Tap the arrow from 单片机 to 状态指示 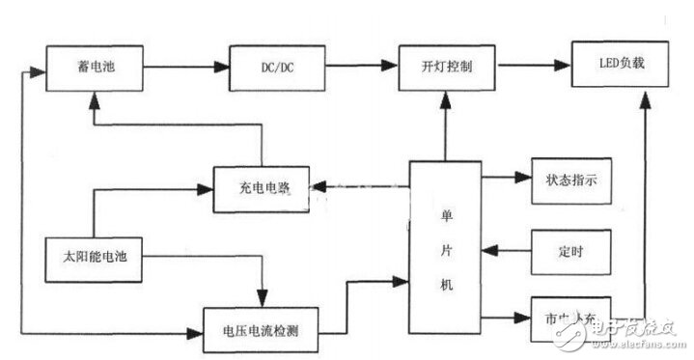click(500, 179)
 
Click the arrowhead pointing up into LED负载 click(644, 97)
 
